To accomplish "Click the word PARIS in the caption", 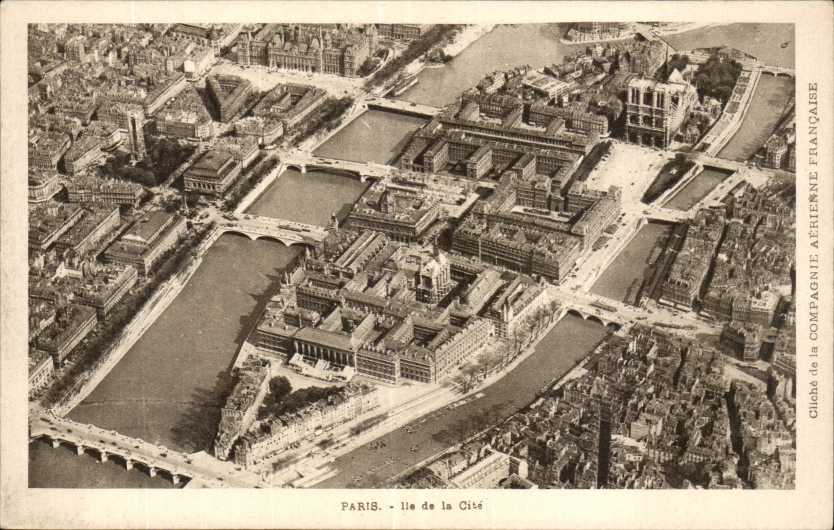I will [360, 505].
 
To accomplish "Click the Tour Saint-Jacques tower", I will [136, 131].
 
